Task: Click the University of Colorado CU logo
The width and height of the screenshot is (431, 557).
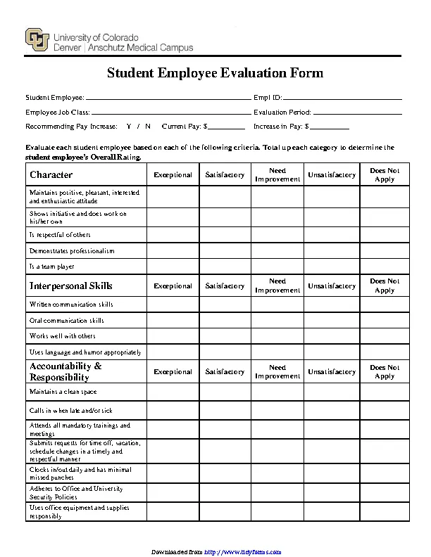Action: pos(37,41)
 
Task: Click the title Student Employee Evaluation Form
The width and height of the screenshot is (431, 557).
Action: pos(215,73)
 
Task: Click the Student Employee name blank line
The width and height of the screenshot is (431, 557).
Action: pos(168,97)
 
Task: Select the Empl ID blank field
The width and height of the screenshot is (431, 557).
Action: pos(342,97)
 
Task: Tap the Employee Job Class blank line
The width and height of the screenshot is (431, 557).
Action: pos(170,112)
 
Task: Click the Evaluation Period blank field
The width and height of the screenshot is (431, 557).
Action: pos(357,112)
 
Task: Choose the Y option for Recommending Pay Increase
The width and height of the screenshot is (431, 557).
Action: pos(129,127)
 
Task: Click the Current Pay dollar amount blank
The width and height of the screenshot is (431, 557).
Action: pos(226,127)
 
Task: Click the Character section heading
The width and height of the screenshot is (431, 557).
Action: pos(51,174)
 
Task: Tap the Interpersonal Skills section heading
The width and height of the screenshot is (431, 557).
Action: pos(70,286)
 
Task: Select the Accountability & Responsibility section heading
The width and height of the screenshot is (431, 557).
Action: pos(65,371)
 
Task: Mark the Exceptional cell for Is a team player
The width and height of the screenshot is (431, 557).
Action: pos(173,267)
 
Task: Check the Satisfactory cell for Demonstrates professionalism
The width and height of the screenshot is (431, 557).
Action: pos(225,250)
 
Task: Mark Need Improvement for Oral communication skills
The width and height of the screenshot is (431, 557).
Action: pos(277,320)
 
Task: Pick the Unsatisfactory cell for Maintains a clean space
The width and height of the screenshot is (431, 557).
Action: pos(332,392)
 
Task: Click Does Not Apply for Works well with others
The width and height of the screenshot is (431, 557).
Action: pos(385,336)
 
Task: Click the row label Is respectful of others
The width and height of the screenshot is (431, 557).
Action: pos(60,235)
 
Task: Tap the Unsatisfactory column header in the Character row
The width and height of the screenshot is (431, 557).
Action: pos(332,175)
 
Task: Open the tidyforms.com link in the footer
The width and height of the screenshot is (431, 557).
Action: pos(243,551)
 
